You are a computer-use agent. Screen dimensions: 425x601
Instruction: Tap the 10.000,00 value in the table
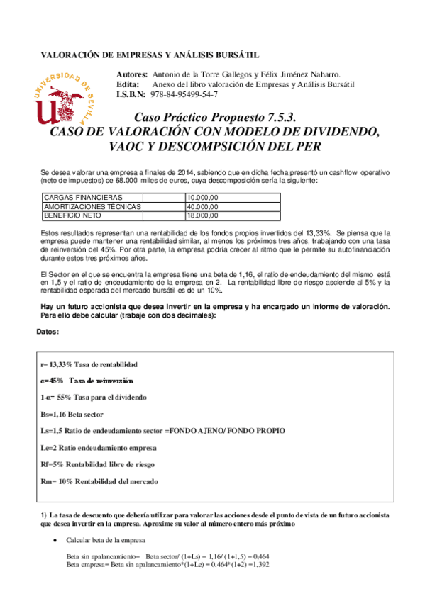[x=202, y=197]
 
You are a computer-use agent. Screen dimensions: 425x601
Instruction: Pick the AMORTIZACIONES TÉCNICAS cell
[x=92, y=206]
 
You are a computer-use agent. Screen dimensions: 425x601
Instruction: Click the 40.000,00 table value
[x=202, y=206]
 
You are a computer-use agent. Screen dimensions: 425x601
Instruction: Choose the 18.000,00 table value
[x=202, y=215]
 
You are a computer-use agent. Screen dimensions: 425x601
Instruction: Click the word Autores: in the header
[x=131, y=74]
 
